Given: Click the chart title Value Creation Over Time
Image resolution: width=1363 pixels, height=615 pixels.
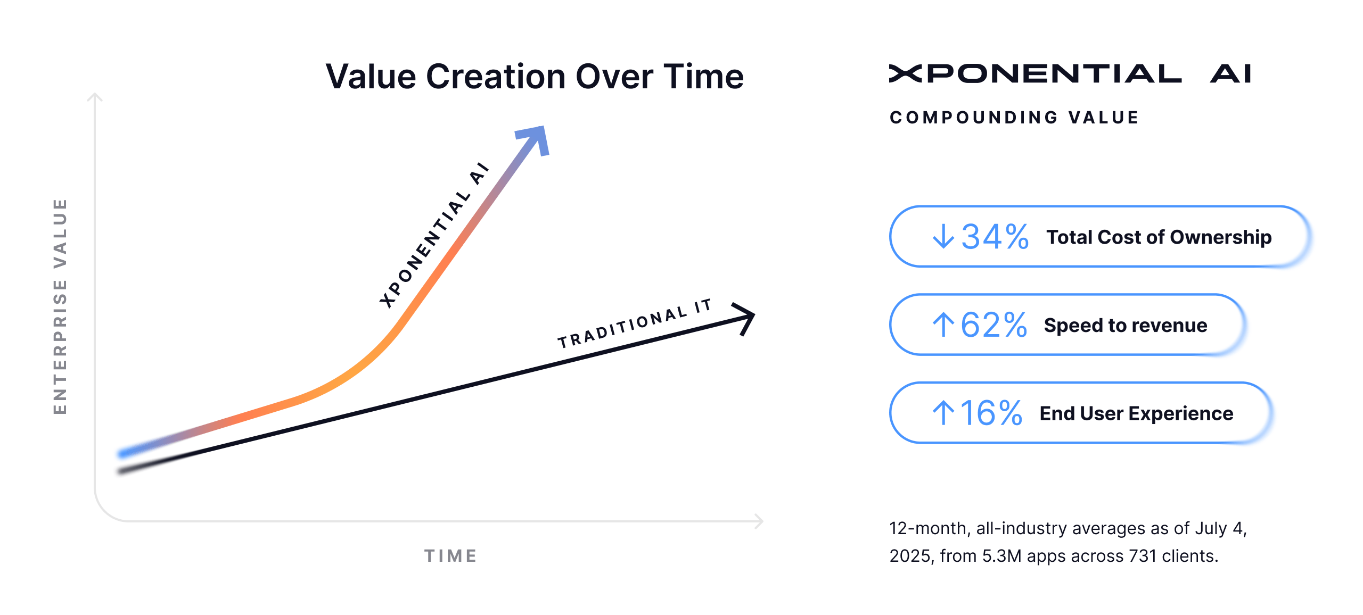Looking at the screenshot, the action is [535, 77].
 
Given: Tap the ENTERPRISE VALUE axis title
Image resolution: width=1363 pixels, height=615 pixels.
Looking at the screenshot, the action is [60, 306].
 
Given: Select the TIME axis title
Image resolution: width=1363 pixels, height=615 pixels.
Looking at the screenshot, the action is [450, 556].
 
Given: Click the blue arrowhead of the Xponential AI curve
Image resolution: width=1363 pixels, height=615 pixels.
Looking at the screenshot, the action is [534, 140].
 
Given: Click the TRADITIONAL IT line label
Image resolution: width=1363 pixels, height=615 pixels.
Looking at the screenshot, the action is [635, 323].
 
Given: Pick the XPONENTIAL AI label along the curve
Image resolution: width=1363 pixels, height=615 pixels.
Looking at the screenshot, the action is [434, 235].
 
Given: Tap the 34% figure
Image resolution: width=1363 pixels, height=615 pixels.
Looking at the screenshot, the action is [995, 237].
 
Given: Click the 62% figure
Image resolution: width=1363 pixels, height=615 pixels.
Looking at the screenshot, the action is [993, 325].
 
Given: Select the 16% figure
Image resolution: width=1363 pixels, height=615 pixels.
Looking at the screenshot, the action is [991, 413].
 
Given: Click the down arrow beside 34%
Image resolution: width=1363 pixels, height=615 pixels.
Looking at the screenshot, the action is [943, 236].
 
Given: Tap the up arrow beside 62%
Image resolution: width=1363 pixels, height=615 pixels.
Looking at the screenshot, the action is [943, 325].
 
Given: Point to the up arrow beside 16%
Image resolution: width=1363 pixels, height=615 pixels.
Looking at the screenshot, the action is [943, 413].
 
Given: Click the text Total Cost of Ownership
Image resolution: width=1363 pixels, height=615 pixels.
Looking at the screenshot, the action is [1159, 237].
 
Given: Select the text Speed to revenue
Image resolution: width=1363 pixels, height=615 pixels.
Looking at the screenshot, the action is [1126, 326].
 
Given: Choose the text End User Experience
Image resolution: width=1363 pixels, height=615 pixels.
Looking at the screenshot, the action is [1136, 413].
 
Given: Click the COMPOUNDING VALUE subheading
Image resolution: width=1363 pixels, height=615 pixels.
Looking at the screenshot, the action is [1014, 118].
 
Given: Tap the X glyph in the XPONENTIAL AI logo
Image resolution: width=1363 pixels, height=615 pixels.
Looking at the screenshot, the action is [905, 74].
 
